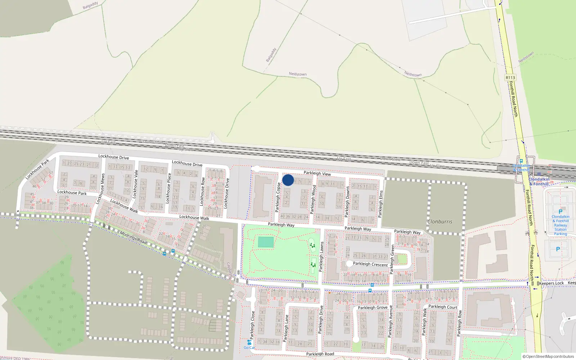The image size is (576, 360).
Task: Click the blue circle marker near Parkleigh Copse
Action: point(288,180)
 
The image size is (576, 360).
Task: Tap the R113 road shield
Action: point(510,77)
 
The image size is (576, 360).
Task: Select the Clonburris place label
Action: point(440,222)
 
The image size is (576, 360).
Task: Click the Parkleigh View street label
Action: point(317,173)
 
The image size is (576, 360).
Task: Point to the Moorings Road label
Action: point(133,238)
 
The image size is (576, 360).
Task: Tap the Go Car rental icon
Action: point(249,342)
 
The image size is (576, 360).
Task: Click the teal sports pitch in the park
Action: point(266,242)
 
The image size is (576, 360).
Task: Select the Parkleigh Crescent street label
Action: point(370,264)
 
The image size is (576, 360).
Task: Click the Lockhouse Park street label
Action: point(72,193)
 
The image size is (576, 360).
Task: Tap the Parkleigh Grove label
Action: point(373,307)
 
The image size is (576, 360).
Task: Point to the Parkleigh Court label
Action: point(443,307)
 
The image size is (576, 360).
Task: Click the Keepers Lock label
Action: point(552,283)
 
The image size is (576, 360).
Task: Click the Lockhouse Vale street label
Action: point(136,184)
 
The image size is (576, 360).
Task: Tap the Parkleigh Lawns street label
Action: point(321,256)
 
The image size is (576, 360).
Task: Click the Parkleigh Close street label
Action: point(252,325)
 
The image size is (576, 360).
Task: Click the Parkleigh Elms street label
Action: point(381,203)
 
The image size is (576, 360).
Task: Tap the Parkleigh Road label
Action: point(320,354)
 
